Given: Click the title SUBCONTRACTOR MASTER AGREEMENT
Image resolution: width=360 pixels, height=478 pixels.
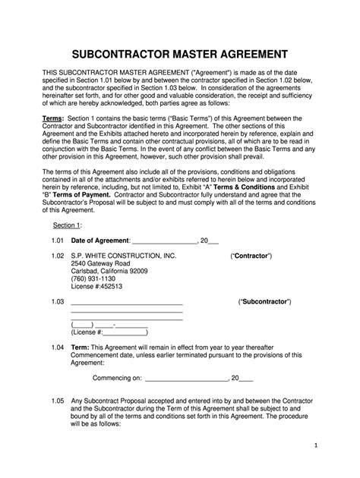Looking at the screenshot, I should pyautogui.click(x=179, y=55).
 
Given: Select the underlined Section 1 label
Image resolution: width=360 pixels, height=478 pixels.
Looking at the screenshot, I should pyautogui.click(x=67, y=226).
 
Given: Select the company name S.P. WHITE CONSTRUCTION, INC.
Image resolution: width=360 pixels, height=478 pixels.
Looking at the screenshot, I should pyautogui.click(x=123, y=256).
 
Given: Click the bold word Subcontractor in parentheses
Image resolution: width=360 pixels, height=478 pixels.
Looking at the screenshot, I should pyautogui.click(x=264, y=301).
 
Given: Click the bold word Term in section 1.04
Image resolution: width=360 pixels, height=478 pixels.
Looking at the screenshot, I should pyautogui.click(x=80, y=347).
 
